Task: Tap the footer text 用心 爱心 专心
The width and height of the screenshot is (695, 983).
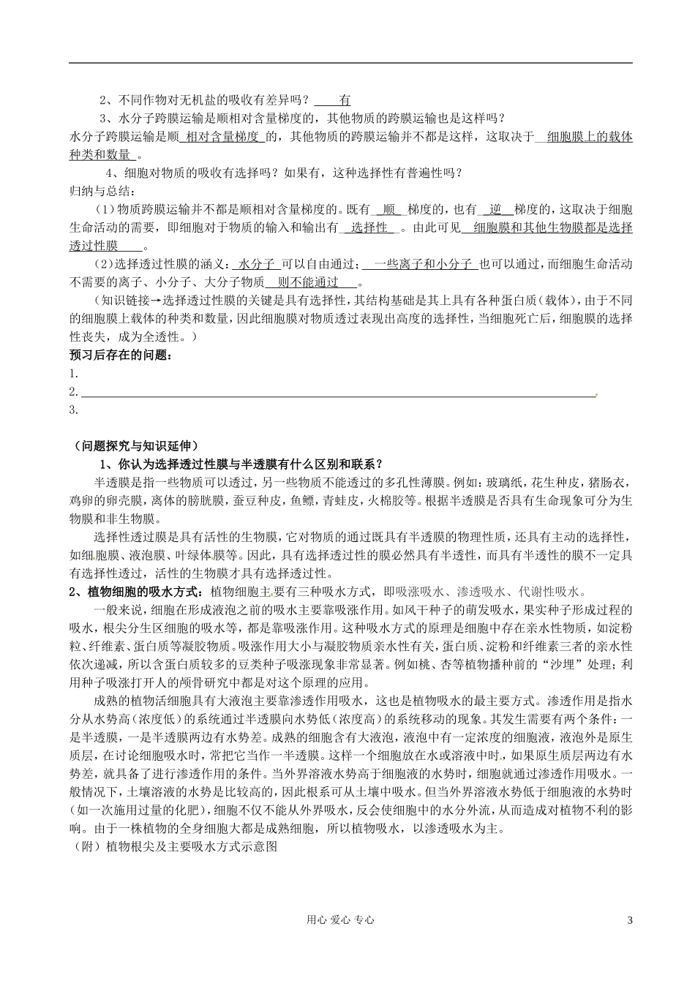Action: [347, 920]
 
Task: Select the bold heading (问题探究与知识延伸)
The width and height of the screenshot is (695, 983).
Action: [136, 446]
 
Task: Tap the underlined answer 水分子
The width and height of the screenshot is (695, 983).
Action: [256, 264]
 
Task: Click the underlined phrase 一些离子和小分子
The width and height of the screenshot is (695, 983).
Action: [424, 264]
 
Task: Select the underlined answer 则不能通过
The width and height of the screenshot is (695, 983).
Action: [312, 282]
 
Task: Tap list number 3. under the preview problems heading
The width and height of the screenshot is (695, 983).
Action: [73, 410]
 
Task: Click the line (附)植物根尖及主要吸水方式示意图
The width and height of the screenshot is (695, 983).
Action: [176, 847]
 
